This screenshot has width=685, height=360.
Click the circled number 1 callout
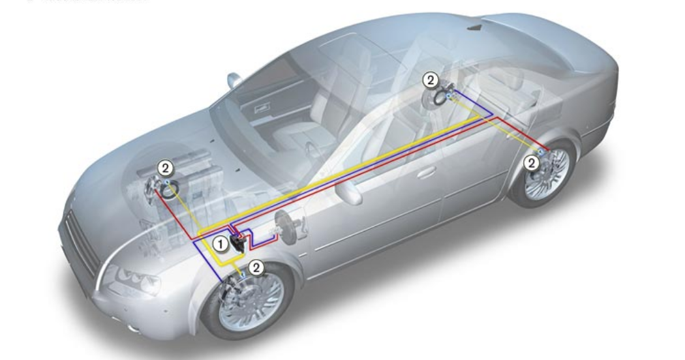[x=222, y=243]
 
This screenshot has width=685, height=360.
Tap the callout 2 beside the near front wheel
[x=256, y=267]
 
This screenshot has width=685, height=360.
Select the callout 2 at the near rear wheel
[x=532, y=163]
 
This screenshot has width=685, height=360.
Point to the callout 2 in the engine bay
[x=166, y=168]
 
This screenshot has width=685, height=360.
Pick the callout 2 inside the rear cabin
[x=430, y=80]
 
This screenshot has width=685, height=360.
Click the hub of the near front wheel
[x=251, y=303]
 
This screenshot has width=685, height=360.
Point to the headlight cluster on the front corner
[x=137, y=282]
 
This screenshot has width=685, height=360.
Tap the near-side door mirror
[x=348, y=193]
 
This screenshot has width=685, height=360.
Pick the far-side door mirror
[x=233, y=81]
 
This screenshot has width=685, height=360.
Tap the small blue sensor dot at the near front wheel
[x=243, y=277]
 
